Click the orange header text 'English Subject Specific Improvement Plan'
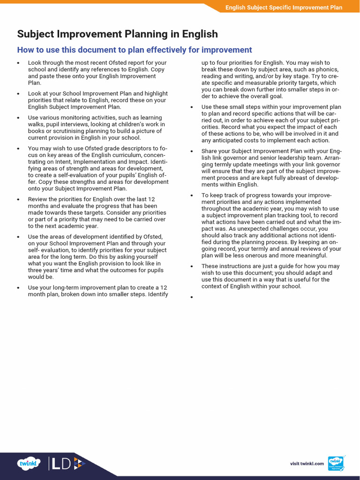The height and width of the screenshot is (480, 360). [284, 7]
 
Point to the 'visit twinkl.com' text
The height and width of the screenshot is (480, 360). [307, 464]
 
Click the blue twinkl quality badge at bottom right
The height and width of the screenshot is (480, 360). [336, 464]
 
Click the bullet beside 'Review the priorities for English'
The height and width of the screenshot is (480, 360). [18, 199]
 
